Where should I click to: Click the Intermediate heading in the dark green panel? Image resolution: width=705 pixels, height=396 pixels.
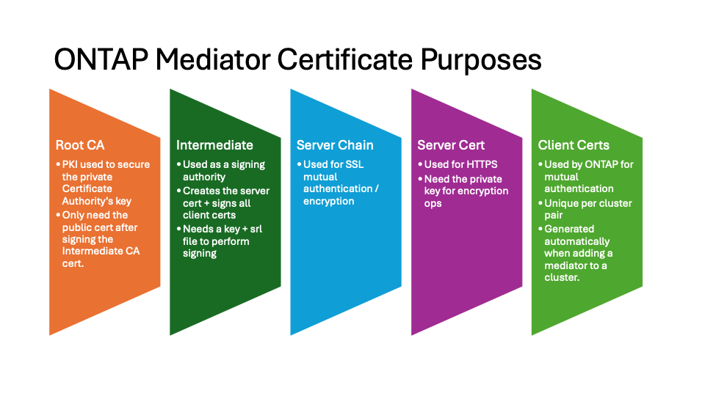214,145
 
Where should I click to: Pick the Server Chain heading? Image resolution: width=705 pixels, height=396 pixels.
335,145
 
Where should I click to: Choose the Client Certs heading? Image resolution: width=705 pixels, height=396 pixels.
574,145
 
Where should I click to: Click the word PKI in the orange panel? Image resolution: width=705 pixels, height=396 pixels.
71,164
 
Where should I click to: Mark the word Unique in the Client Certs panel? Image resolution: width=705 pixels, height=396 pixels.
560,203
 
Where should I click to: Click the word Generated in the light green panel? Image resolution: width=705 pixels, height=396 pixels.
569,229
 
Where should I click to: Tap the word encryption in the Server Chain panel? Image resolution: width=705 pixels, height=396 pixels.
328,202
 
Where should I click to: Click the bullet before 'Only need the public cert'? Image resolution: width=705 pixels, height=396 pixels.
58,215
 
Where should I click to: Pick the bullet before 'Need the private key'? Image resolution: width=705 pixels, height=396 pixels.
420,179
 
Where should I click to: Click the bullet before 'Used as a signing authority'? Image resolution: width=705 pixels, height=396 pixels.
178,164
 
